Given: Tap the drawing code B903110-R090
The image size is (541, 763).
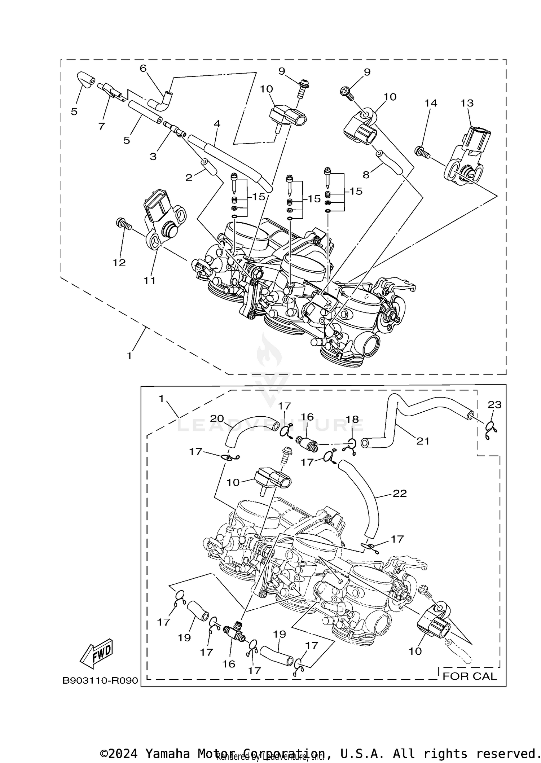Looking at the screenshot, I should coord(100,680).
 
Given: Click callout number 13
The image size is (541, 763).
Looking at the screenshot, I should coord(467,103).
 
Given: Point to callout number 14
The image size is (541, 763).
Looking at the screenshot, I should coord(431,103).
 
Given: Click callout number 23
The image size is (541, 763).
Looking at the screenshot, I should coord(494,405).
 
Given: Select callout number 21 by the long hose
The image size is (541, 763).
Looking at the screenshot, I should coord(423,441).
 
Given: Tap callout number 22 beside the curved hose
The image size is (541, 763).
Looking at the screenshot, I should coord(400,493).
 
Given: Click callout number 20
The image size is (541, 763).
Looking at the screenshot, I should coord(217,418).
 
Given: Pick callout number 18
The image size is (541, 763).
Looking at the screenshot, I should coord(352,419).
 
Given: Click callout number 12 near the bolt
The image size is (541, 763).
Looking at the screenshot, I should coord(119,263).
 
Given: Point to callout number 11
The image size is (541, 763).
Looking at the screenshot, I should coord(150,280).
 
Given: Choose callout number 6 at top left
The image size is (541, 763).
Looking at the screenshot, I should coord(143,68).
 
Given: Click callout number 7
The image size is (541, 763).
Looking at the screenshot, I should coord(101,126).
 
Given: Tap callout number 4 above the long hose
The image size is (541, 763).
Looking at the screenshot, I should coord(217,124).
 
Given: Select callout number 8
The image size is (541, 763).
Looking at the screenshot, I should coord(366,175).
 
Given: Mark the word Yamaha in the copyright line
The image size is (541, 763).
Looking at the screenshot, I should coord(167,754).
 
